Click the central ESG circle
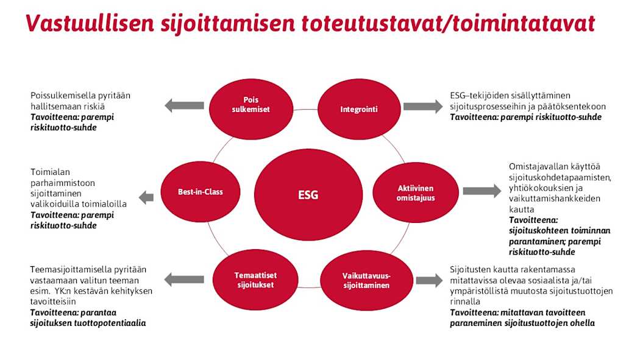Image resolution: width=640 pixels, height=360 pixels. click(x=308, y=195)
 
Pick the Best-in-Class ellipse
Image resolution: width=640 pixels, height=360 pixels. click(x=200, y=192)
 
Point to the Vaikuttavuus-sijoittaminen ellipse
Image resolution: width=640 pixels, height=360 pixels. click(x=366, y=280)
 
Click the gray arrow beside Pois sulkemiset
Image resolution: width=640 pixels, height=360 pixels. click(x=185, y=105)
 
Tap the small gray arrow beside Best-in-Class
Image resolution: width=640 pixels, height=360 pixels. click(x=146, y=197)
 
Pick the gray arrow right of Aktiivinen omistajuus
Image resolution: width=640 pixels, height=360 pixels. click(x=482, y=191)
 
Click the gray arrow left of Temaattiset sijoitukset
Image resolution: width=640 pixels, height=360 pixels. click(x=185, y=280)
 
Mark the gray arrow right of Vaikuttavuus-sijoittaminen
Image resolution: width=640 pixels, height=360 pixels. click(x=430, y=280)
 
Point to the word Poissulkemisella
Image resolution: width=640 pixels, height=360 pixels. click(x=63, y=96)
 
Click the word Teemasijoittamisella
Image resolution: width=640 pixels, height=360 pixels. click(x=71, y=269)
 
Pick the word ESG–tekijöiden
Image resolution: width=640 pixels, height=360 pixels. click(x=480, y=96)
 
